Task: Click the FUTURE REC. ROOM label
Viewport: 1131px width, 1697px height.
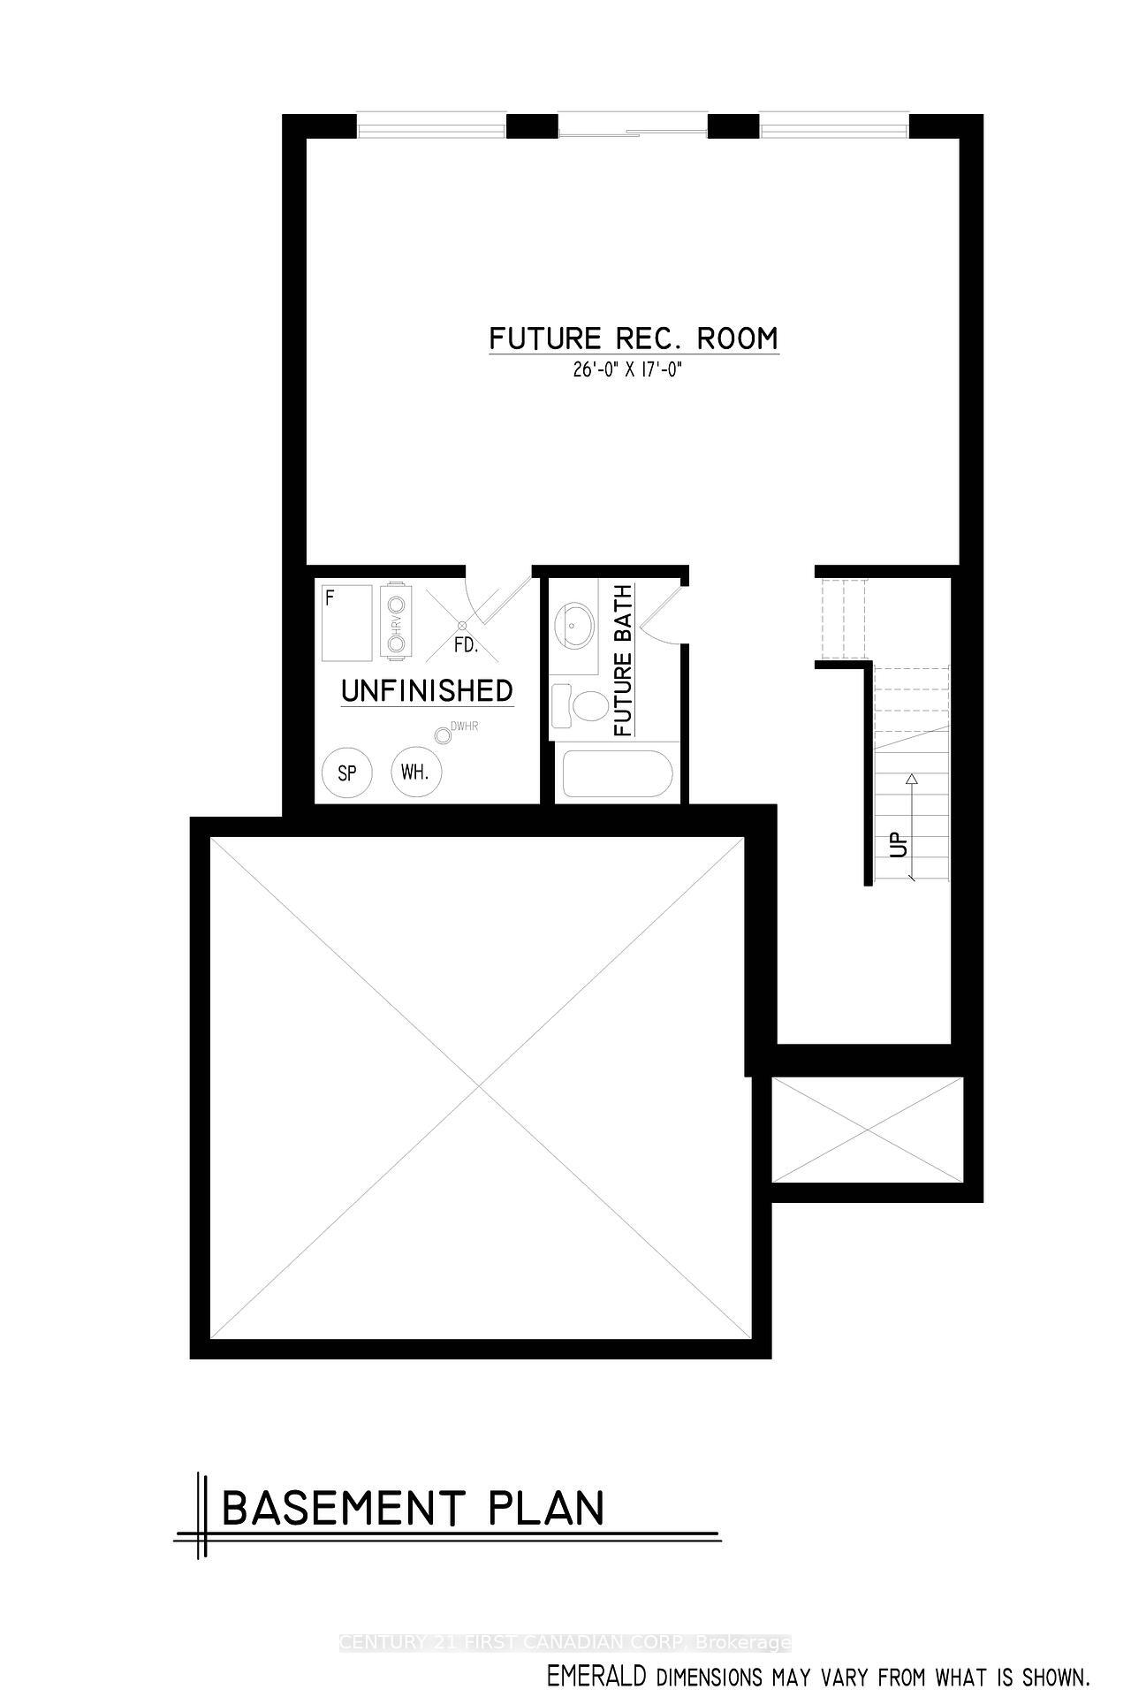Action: (x=634, y=339)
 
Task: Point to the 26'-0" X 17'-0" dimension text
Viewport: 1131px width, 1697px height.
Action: (x=628, y=371)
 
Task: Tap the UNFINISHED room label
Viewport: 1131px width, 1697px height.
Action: (x=427, y=690)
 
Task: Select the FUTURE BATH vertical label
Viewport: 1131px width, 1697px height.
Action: (x=623, y=660)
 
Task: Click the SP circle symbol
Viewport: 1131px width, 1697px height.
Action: (x=347, y=772)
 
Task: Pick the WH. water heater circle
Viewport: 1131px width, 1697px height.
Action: (x=415, y=772)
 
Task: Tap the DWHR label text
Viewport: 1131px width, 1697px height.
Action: (x=464, y=727)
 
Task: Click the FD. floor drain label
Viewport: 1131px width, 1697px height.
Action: (x=466, y=645)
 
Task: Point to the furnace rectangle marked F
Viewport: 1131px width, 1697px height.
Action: (x=347, y=622)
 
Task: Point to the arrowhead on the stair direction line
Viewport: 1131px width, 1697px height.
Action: (x=912, y=779)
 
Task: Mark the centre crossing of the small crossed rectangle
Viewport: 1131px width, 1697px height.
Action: (x=867, y=1129)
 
